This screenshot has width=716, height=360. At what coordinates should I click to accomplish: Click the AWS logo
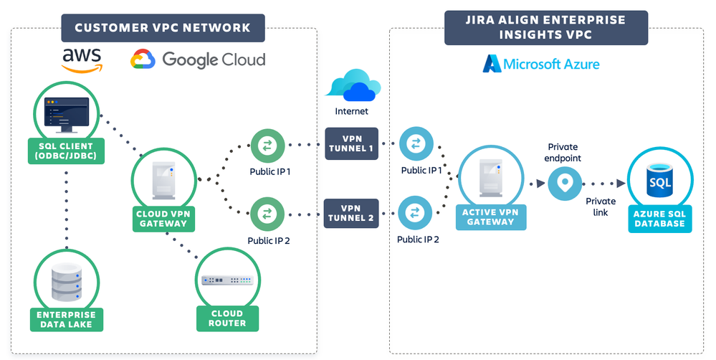click(81, 60)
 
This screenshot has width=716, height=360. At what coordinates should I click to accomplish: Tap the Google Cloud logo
click(198, 60)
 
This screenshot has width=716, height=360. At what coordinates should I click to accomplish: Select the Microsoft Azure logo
click(541, 64)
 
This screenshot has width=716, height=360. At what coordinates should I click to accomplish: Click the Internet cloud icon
click(352, 86)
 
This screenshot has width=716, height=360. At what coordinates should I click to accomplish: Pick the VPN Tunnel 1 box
click(351, 143)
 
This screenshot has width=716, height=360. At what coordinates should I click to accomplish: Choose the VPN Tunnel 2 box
click(351, 213)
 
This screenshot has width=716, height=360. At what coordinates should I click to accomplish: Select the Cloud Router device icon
click(227, 280)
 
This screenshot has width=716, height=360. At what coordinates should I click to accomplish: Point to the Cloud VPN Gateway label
click(163, 218)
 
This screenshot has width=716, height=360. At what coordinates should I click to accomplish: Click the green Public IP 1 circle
click(267, 146)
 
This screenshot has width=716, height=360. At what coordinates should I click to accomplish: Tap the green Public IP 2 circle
click(267, 213)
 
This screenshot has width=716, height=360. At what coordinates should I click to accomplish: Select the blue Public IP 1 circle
click(415, 144)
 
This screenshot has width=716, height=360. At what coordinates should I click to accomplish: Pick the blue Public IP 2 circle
click(415, 213)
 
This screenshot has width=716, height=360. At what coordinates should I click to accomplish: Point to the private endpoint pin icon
click(565, 183)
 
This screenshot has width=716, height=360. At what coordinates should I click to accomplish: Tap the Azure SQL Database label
click(660, 219)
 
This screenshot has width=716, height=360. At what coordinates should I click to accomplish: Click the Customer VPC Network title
click(163, 28)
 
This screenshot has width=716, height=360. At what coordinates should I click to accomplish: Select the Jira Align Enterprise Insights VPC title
click(545, 27)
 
